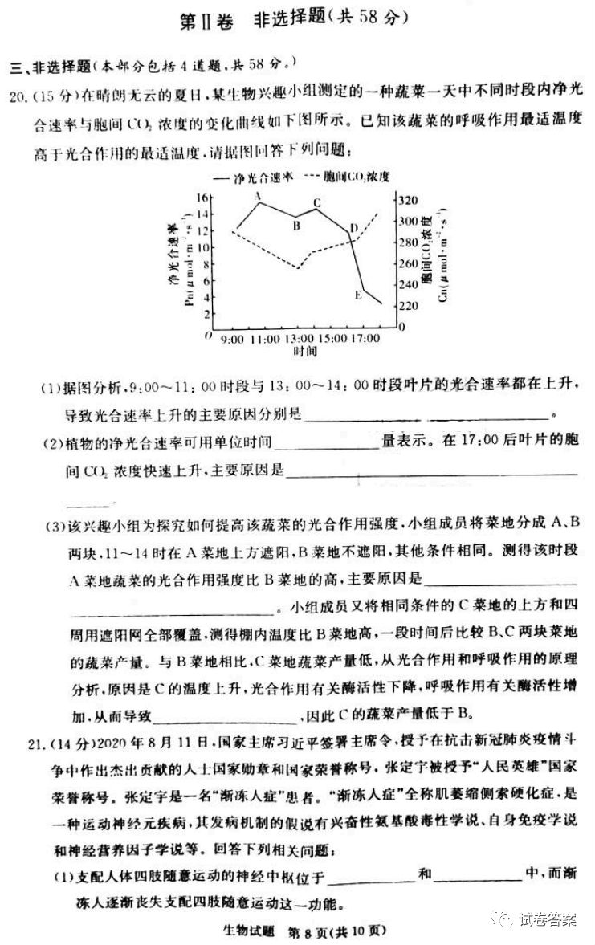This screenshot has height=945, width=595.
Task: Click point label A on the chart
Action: [259, 195]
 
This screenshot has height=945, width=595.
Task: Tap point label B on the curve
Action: [295, 226]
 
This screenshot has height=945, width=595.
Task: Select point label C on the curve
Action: [317, 203]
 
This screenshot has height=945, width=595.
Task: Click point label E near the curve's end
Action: [358, 295]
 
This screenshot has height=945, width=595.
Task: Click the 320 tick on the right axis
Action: [409, 200]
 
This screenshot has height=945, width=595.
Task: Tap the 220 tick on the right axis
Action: [409, 306]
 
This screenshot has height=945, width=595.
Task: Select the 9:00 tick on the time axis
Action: [231, 340]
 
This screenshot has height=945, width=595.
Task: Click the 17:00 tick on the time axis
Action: [365, 340]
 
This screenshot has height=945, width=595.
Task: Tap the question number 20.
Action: [17, 97]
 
